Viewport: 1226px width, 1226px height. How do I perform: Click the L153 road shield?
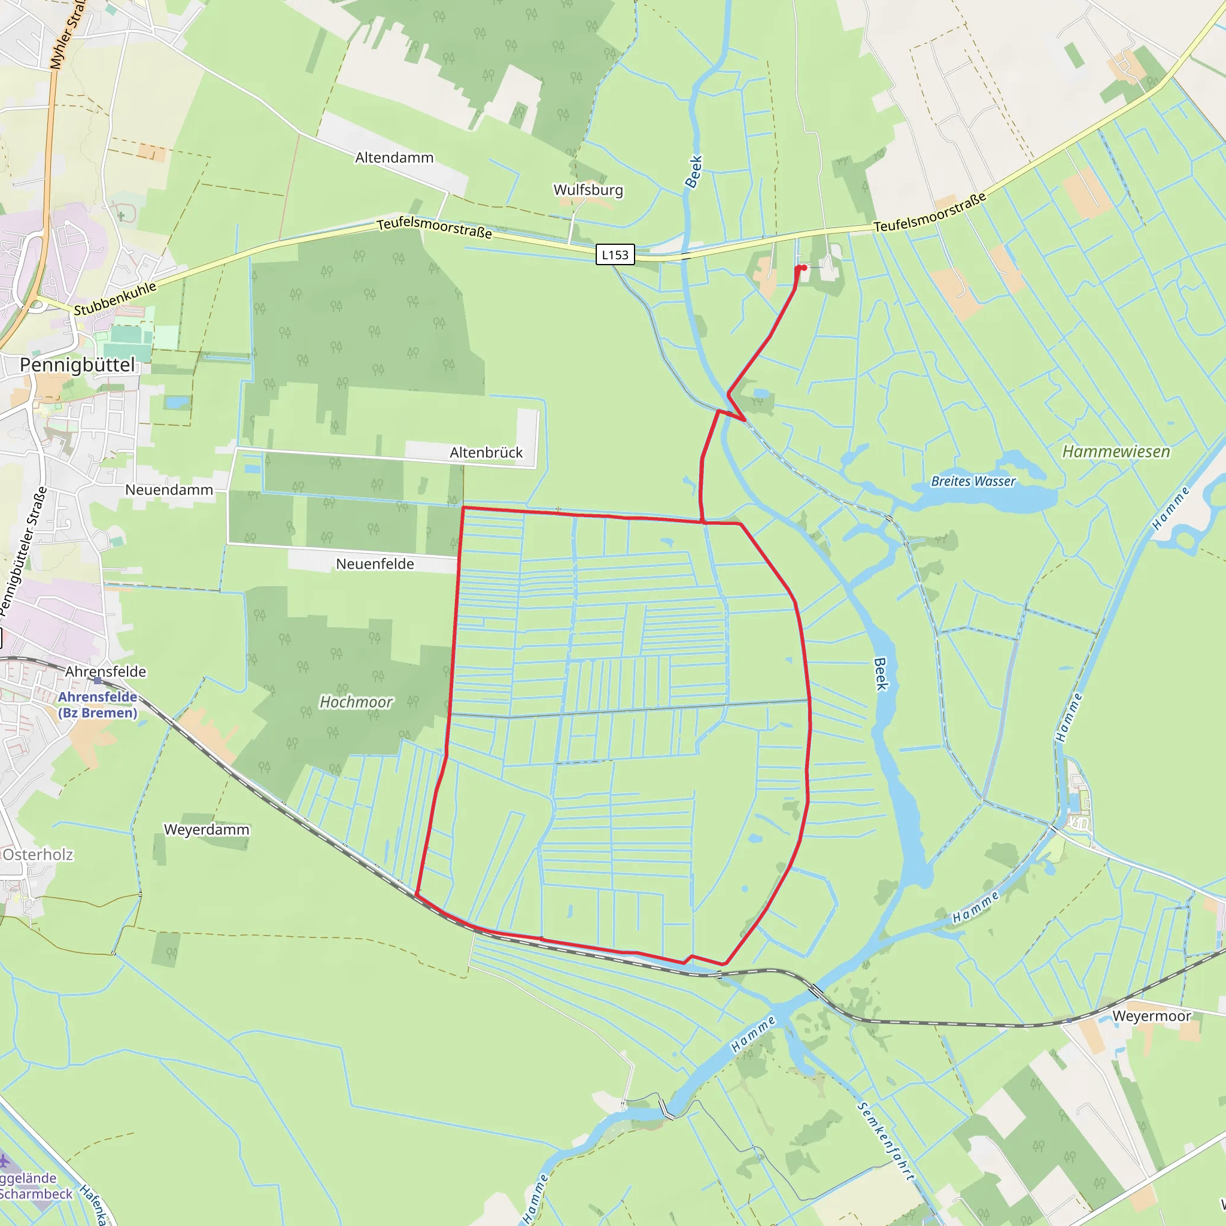615,254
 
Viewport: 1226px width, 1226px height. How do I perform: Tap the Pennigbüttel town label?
77,365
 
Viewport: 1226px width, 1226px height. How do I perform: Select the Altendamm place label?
394,157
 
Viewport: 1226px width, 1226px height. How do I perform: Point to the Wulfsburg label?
588,190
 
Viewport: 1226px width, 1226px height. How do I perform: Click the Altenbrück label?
486,453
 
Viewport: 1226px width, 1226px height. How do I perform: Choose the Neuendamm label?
169,490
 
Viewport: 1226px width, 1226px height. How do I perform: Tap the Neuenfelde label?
374,563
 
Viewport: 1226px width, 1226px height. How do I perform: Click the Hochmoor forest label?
356,702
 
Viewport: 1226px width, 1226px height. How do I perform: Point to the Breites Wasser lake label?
973,481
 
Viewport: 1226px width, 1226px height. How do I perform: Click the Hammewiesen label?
1116,451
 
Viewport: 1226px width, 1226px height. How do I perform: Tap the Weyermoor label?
1151,1016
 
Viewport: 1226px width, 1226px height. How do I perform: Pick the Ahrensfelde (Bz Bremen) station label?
98,705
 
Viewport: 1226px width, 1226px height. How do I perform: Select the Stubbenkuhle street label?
115,299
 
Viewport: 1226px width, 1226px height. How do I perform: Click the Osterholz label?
38,854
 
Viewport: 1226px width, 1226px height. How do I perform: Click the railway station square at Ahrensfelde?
97,680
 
